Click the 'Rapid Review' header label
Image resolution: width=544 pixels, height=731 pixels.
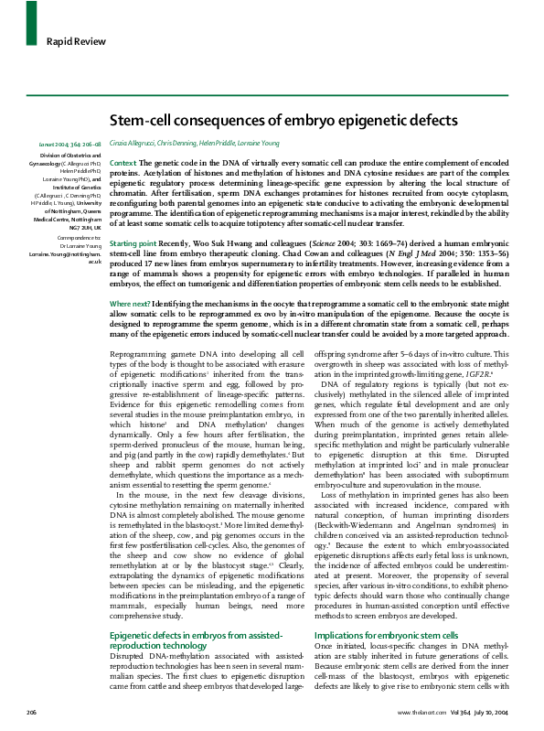pos(72,40)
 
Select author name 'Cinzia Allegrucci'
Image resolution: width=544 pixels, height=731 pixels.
pos(135,144)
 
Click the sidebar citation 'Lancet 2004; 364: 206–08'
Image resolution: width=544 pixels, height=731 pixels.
pos(69,144)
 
